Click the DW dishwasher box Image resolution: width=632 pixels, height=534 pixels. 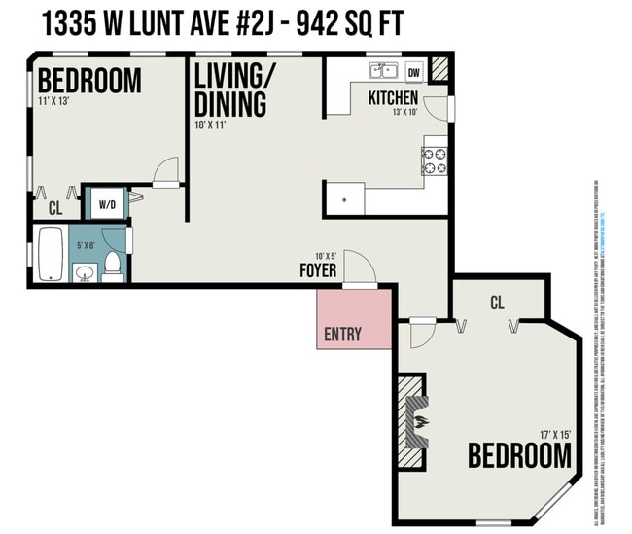(x=414, y=72)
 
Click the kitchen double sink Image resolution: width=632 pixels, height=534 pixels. (x=384, y=70)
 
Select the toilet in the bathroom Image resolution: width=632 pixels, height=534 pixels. (x=113, y=264)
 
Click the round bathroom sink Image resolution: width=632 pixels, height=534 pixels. (x=85, y=271)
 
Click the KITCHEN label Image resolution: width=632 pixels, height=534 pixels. (x=393, y=98)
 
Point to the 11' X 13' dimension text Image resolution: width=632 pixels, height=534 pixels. (x=56, y=101)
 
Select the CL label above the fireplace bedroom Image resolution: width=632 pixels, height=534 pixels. (x=496, y=302)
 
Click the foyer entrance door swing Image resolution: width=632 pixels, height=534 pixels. (x=356, y=267)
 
